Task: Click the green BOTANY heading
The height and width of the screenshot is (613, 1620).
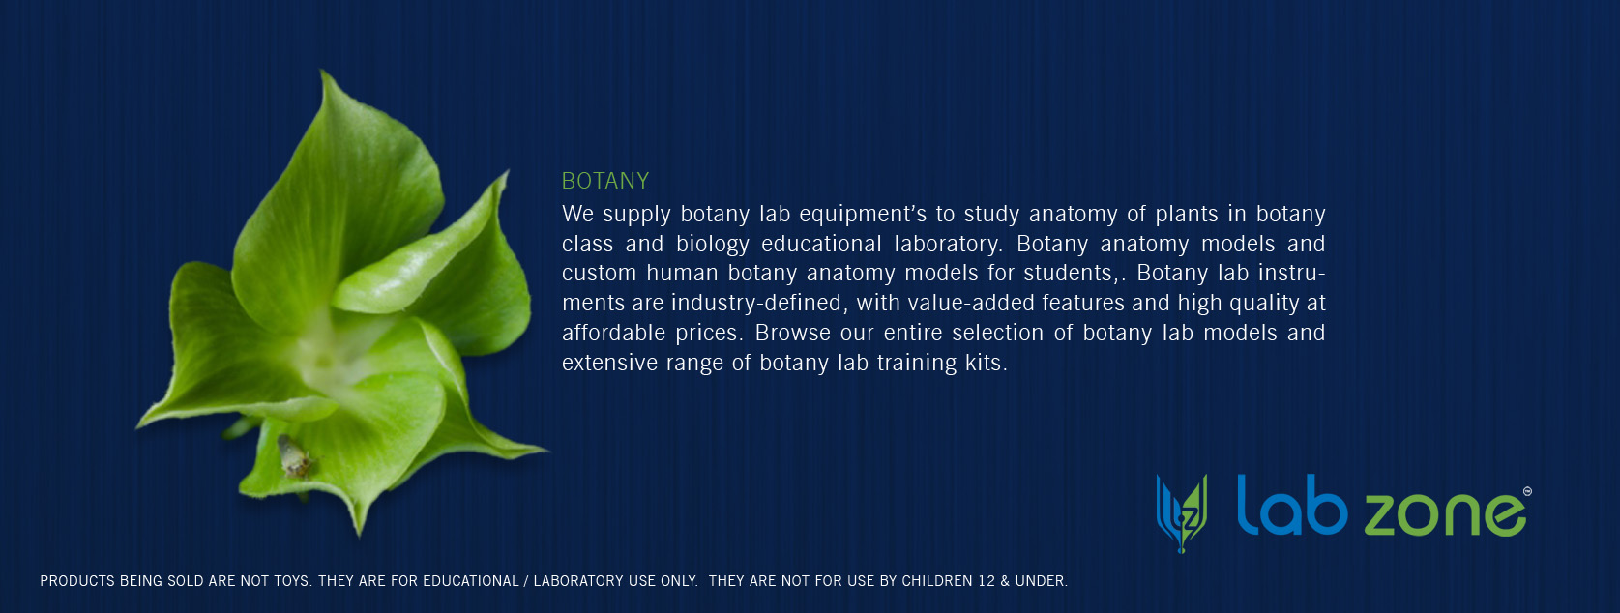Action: (605, 181)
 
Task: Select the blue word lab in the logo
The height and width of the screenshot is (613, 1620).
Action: (1292, 505)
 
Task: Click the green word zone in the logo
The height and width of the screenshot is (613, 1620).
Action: (1444, 514)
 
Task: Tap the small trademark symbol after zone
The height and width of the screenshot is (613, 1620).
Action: (1527, 491)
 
